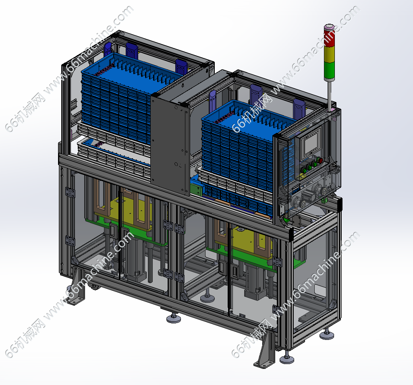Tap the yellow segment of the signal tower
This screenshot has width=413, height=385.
329,54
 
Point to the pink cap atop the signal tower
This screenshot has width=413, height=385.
329,27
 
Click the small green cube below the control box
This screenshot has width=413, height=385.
324,201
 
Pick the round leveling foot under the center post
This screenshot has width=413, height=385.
174,318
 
